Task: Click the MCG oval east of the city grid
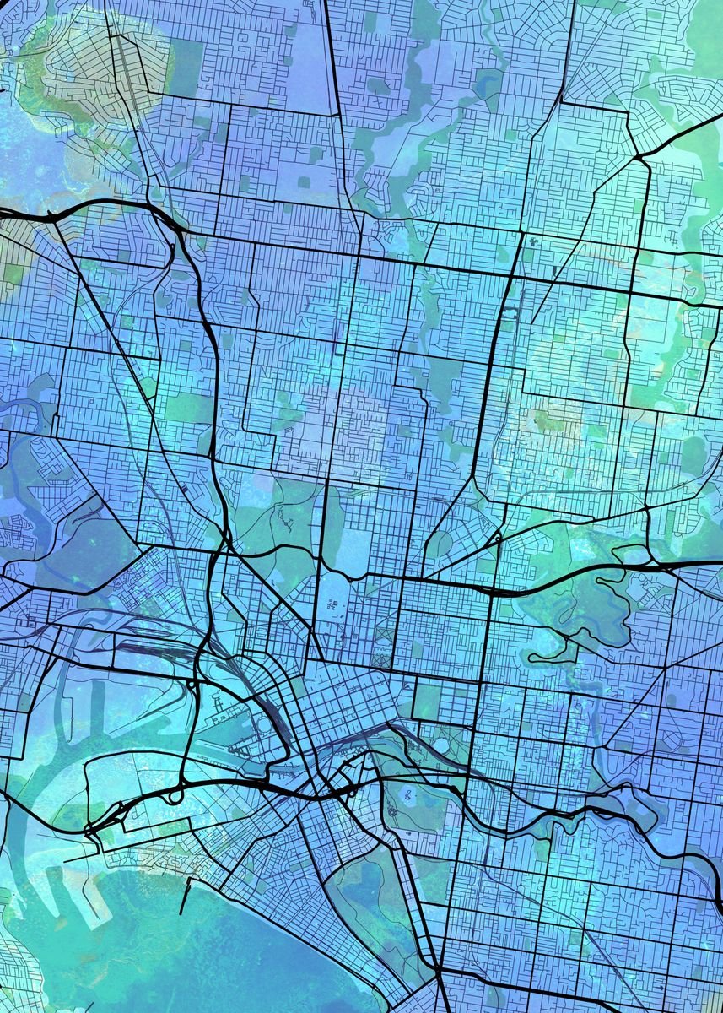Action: (440, 746)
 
